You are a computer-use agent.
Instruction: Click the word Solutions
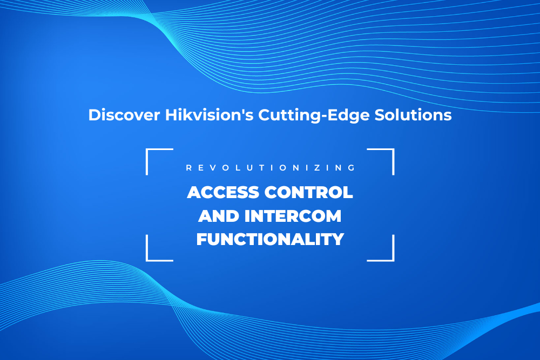tap(417, 116)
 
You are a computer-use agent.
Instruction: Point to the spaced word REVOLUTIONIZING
tap(270, 168)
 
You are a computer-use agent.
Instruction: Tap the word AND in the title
tap(217, 216)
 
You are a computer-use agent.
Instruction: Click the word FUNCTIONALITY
tap(270, 239)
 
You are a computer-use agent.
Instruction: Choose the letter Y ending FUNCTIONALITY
tap(338, 239)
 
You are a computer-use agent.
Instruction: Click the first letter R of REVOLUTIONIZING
tap(188, 168)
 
